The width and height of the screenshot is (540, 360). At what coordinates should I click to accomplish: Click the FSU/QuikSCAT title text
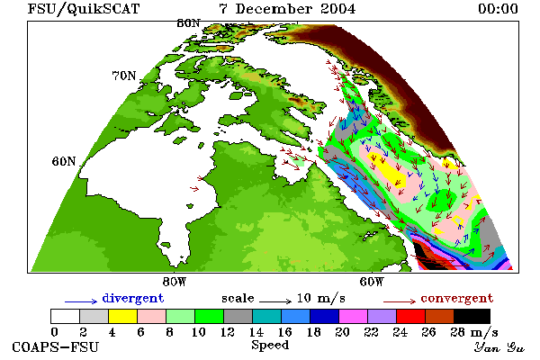(84, 9)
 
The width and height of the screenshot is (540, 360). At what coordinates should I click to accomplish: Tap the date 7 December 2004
(287, 9)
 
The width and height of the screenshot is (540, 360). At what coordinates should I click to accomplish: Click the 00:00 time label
(498, 9)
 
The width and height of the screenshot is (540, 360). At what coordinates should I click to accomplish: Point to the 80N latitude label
(188, 23)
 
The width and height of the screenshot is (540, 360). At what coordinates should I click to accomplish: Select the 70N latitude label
(124, 76)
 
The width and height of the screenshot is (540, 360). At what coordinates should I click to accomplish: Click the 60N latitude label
(64, 161)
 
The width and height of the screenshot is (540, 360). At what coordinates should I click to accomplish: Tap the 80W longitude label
(175, 282)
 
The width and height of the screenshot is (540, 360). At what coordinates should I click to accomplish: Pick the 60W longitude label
(371, 282)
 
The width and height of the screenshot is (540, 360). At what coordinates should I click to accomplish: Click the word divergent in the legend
(133, 298)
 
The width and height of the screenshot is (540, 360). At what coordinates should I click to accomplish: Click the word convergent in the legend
(457, 298)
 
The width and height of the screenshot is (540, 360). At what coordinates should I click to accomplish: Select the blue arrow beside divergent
(81, 301)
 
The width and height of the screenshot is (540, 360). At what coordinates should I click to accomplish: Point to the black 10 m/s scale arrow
(275, 301)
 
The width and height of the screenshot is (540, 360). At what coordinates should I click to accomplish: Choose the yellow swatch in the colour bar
(122, 316)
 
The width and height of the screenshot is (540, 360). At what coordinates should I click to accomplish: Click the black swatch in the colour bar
(472, 316)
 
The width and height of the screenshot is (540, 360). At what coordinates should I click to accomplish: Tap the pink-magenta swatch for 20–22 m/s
(353, 316)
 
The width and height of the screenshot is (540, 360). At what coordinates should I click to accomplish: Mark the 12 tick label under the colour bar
(227, 332)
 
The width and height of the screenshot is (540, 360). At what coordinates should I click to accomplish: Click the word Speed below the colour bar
(270, 346)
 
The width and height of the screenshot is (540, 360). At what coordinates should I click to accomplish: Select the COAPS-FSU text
(55, 346)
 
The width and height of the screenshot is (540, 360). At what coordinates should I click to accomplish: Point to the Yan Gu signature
(499, 347)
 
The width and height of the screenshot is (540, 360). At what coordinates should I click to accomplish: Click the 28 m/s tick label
(474, 332)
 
